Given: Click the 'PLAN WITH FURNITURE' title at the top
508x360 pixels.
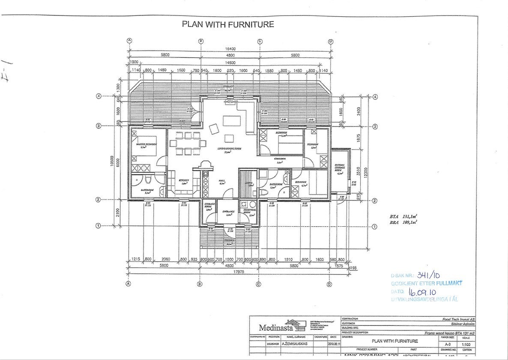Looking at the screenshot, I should [228, 24].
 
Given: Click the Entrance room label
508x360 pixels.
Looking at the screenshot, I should [228, 212].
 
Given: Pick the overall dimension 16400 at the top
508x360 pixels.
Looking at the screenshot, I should [230, 49].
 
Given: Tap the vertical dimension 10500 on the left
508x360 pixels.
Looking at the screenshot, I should [111, 163].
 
